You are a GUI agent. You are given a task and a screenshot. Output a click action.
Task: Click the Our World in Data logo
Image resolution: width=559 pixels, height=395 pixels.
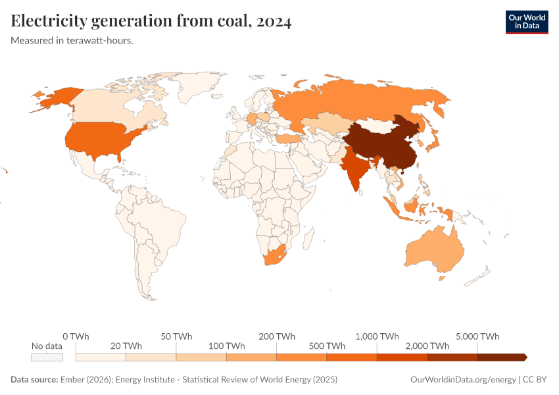click(526, 22)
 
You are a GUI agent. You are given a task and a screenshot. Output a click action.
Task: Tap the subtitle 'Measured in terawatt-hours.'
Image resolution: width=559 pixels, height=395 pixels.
click(72, 41)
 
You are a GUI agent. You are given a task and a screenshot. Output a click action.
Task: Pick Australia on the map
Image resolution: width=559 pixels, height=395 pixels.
click(434, 250)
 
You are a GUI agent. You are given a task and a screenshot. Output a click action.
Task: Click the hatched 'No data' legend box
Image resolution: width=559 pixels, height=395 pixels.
click(47, 357)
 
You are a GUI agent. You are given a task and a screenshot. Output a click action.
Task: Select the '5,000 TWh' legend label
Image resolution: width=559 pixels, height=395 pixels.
click(477, 336)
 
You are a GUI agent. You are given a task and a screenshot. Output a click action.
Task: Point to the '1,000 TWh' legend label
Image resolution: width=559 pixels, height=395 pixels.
click(377, 336)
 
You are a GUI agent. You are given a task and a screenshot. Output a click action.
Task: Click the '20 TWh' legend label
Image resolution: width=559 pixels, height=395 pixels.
click(126, 346)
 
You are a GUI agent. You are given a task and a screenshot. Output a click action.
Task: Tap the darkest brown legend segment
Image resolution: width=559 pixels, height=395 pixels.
click(501, 357)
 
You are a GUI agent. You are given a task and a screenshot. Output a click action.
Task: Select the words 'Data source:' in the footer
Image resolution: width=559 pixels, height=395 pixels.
click(34, 380)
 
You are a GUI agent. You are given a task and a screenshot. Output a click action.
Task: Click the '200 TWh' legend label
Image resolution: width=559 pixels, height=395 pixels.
click(276, 336)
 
